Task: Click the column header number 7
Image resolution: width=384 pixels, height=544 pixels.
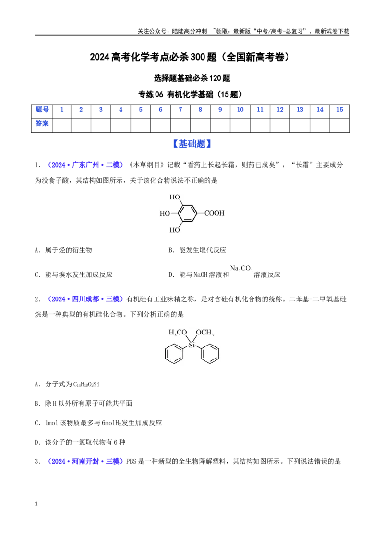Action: [x=180, y=110]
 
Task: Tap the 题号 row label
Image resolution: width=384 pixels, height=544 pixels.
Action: [x=42, y=110]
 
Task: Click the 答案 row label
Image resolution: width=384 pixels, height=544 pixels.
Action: [x=42, y=124]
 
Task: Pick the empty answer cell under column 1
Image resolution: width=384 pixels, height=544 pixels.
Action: [x=62, y=125]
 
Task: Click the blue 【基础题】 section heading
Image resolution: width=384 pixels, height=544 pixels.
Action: [x=192, y=144]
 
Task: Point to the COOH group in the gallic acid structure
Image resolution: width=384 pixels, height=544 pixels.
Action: [x=214, y=213]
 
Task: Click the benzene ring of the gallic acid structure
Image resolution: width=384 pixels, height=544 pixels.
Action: [x=188, y=213]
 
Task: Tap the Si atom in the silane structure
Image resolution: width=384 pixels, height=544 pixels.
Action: [x=192, y=345]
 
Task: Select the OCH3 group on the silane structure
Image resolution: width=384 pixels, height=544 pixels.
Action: [x=205, y=333]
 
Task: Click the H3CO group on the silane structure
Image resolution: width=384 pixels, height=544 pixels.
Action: [x=178, y=333]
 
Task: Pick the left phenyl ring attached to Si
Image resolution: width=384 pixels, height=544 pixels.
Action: [x=174, y=354]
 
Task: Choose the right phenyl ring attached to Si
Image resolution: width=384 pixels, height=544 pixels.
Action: [x=210, y=354]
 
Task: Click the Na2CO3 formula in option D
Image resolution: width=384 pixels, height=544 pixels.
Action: [x=241, y=269]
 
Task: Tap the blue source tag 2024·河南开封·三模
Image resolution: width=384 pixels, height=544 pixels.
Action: [x=85, y=461]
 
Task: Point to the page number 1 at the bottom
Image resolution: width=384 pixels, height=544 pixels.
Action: [x=36, y=504]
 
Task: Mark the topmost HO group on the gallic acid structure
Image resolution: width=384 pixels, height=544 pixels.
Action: [x=175, y=198]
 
